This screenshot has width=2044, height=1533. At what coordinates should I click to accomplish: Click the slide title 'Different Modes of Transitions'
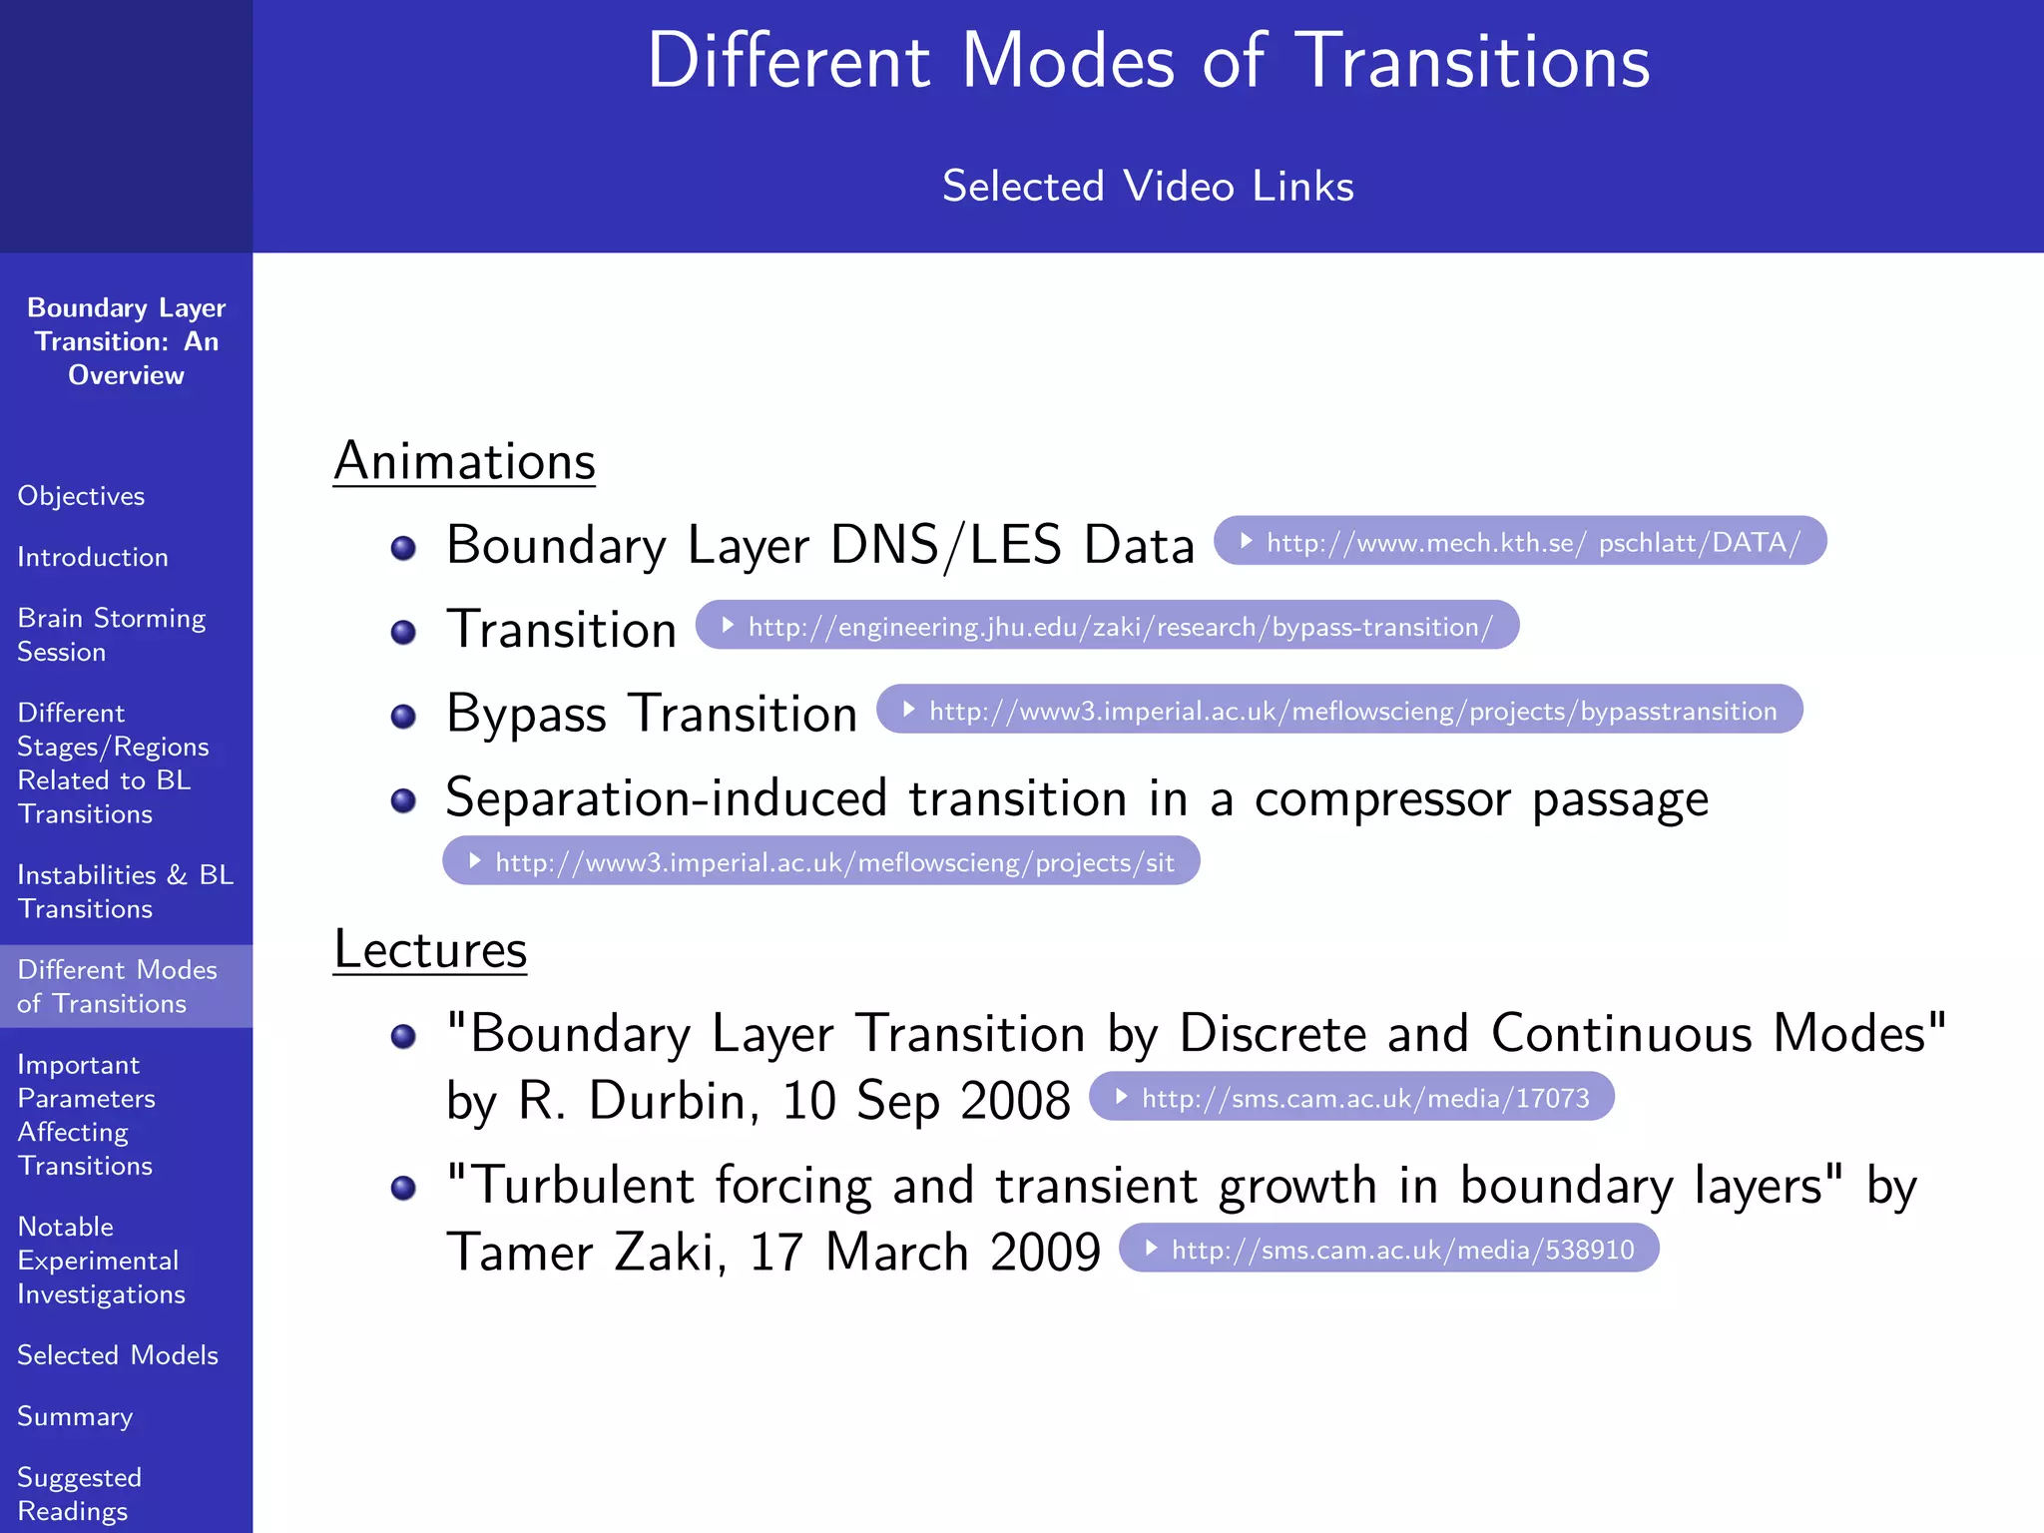tap(1148, 61)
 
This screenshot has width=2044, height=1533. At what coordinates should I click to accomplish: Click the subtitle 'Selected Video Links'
tap(1148, 187)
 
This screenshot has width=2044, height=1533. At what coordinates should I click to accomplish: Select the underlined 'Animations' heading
tap(464, 462)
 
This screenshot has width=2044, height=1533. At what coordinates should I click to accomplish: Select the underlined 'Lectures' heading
tap(429, 949)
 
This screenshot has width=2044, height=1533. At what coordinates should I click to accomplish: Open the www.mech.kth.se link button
tap(1520, 542)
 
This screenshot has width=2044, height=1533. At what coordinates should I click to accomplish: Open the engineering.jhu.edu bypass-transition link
tap(1107, 626)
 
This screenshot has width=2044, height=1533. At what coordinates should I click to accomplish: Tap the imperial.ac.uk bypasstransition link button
tap(1339, 710)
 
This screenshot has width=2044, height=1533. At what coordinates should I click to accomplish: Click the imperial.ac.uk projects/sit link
tap(820, 861)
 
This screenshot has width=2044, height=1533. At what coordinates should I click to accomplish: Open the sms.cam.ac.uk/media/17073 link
tap(1351, 1098)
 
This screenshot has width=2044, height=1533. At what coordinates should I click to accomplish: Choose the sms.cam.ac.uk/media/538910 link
tap(1388, 1249)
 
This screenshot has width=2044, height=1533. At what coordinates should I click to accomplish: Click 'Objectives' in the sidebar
tap(81, 496)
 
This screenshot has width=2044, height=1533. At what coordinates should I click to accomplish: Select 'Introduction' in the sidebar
tap(93, 557)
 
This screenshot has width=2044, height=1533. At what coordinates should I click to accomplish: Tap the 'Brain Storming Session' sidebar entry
tap(111, 635)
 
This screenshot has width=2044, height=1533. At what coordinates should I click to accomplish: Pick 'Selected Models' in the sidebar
tap(118, 1355)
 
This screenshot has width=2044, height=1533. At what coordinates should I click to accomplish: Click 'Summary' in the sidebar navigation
tap(75, 1416)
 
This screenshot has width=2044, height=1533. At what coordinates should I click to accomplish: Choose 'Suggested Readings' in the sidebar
tap(79, 1494)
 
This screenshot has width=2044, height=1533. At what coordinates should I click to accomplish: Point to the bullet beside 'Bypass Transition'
tap(403, 716)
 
